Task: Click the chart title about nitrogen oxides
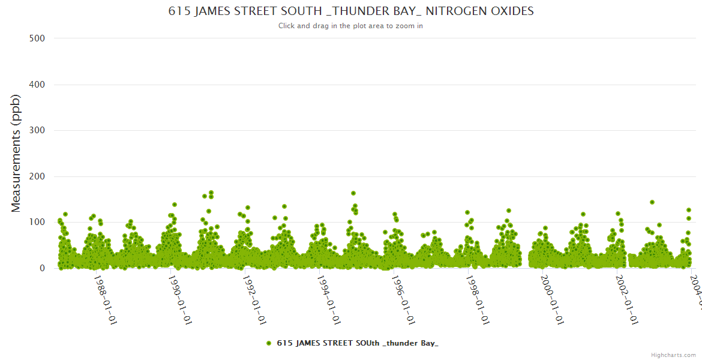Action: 350,11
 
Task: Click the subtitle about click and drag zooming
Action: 350,26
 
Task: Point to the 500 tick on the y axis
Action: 37,38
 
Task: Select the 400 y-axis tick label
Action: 37,85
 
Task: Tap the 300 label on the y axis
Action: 37,130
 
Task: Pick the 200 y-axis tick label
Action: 37,176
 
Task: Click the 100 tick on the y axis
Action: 37,222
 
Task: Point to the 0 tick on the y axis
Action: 42,268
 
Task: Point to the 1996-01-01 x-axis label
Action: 403,300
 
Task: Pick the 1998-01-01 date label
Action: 478,300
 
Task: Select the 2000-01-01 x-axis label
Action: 552,300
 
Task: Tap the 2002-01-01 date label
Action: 626,300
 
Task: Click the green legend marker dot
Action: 269,343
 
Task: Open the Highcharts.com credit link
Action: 673,355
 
